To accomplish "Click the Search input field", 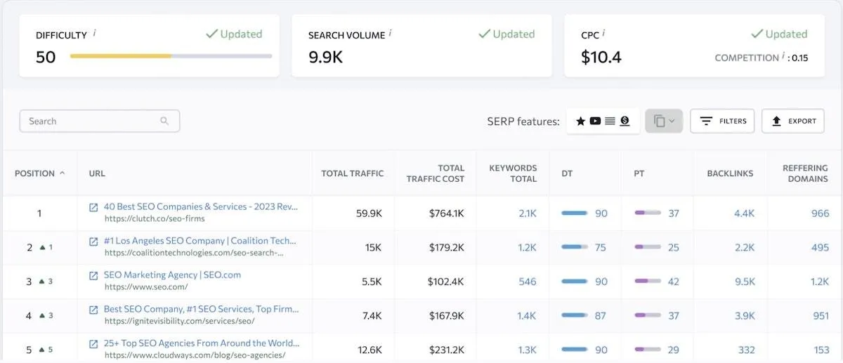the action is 99,121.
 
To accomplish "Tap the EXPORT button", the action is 793,121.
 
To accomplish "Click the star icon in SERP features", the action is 580,121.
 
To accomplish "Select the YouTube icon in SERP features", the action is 595,121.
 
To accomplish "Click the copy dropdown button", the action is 663,121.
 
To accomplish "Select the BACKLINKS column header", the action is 730,173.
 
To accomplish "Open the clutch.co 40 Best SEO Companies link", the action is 201,206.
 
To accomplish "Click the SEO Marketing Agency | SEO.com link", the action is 172,275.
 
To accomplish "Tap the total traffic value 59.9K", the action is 369,213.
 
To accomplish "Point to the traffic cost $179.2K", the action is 446,248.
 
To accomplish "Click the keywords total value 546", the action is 528,282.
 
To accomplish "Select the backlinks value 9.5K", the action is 745,282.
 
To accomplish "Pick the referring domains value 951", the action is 821,315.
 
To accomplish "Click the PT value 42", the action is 673,282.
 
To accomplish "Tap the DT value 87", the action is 600,315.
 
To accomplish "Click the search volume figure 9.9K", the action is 325,57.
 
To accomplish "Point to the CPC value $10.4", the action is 601,57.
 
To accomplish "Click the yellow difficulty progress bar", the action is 120,56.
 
